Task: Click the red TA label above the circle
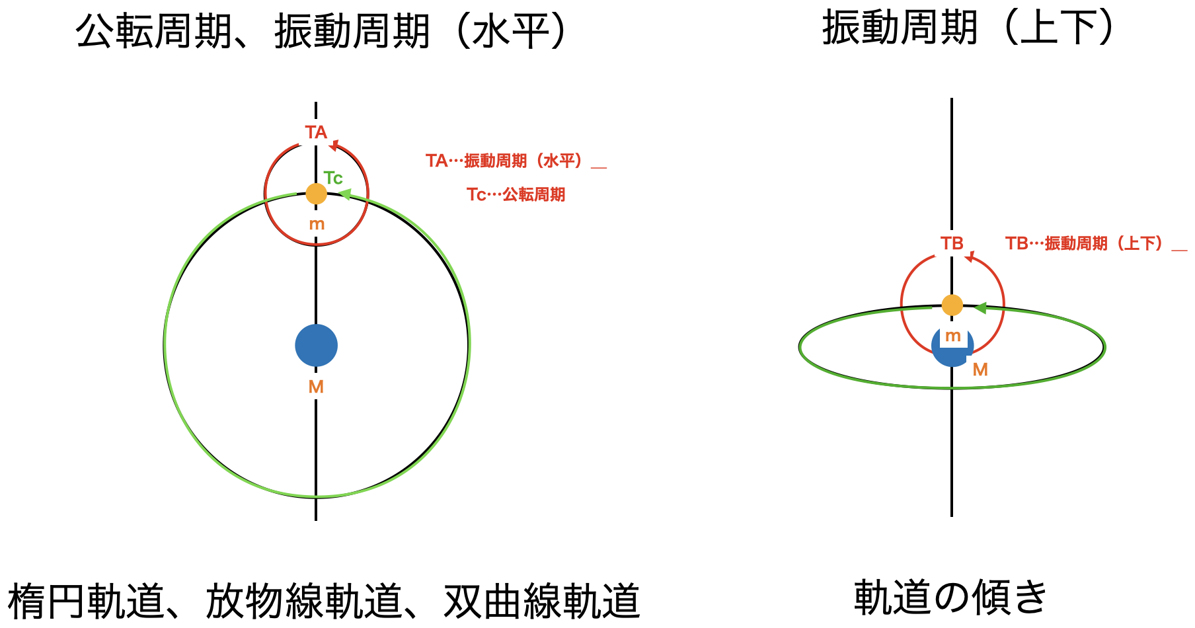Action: tap(316, 132)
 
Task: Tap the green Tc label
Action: tap(333, 178)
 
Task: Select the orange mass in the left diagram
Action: tap(316, 194)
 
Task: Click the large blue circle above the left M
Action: tap(316, 345)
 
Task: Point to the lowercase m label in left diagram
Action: tap(317, 224)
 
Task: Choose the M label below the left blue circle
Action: tap(316, 387)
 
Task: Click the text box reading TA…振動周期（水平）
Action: tap(516, 161)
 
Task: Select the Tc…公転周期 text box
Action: tap(516, 194)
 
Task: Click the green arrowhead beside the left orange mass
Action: tap(344, 194)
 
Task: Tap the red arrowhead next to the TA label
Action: tap(333, 145)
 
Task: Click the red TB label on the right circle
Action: tap(952, 243)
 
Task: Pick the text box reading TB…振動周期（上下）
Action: tap(1096, 243)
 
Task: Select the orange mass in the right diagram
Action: tap(952, 305)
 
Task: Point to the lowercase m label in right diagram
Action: tap(952, 336)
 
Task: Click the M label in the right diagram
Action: tap(980, 370)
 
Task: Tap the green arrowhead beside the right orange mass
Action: tap(980, 308)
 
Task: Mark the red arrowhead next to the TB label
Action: tap(969, 256)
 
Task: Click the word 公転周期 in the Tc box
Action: tap(534, 194)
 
